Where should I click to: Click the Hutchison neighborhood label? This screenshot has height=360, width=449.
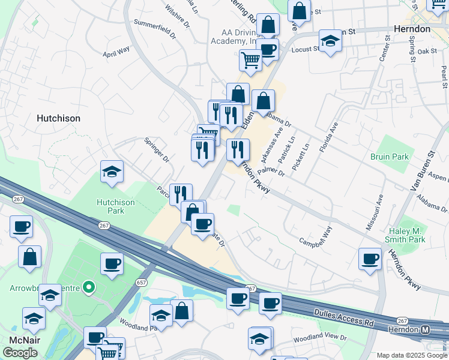tap(58, 118)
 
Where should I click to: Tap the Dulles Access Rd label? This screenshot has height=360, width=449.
tap(344, 317)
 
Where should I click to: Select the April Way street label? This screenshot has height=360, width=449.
tap(116, 52)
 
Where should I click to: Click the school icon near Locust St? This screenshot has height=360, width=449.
tap(330, 41)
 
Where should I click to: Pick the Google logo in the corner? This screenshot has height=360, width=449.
tap(20, 353)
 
